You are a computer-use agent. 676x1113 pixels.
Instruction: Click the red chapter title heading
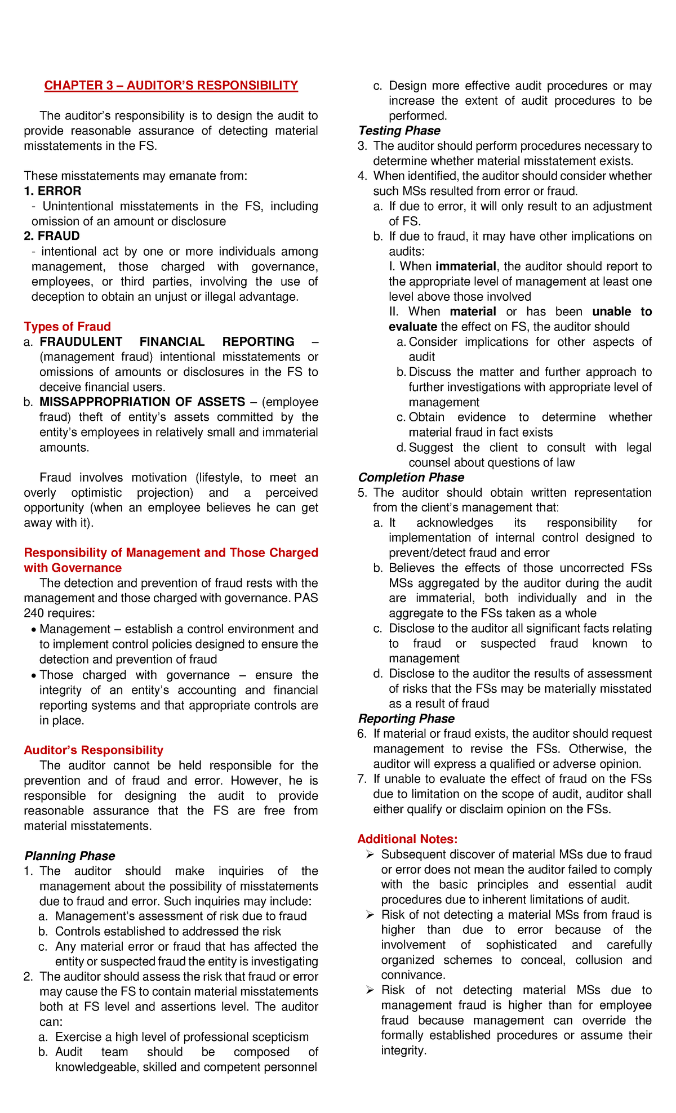pyautogui.click(x=171, y=86)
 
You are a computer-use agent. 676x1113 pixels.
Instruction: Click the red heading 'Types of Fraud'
pyautogui.click(x=67, y=327)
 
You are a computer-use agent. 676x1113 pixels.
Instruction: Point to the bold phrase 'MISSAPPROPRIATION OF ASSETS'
pyautogui.click(x=142, y=402)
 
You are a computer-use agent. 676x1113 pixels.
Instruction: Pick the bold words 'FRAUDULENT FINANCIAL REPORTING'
pyautogui.click(x=167, y=342)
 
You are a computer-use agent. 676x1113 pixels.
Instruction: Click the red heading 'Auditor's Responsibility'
pyautogui.click(x=94, y=750)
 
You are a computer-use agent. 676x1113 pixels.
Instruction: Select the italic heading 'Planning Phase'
pyautogui.click(x=69, y=856)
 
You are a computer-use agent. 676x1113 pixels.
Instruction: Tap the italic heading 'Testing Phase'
pyautogui.click(x=399, y=131)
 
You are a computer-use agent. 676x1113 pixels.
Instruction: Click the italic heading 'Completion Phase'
pyautogui.click(x=411, y=478)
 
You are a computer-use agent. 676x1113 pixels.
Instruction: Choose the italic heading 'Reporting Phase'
pyautogui.click(x=406, y=719)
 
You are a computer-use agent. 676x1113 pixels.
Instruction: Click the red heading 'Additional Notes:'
pyautogui.click(x=407, y=839)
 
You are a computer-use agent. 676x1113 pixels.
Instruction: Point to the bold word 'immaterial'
pyautogui.click(x=466, y=266)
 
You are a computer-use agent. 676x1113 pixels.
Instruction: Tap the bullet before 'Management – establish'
pyautogui.click(x=35, y=630)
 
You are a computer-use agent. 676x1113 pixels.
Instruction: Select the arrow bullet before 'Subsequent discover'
pyautogui.click(x=370, y=855)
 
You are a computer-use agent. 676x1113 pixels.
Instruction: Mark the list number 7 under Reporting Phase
pyautogui.click(x=362, y=780)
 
